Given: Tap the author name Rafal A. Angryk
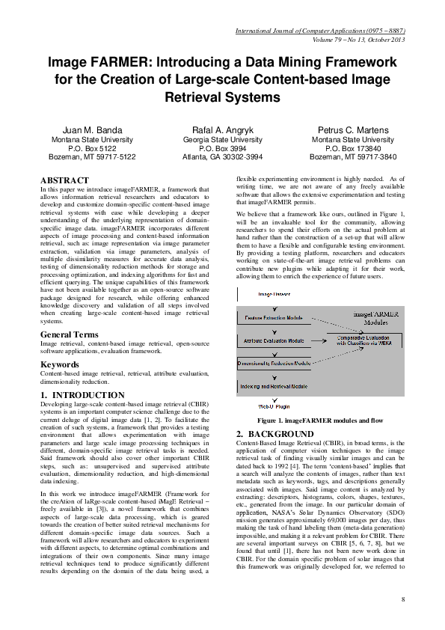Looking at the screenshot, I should [222, 130].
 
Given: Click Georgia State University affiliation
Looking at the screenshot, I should [222, 140].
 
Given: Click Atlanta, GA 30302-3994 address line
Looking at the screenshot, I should [222, 158].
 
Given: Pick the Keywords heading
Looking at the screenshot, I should [60, 364].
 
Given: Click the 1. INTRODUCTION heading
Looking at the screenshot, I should [82, 394].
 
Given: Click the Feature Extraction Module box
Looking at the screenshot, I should [274, 318].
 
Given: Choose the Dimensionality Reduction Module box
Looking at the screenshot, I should [274, 363].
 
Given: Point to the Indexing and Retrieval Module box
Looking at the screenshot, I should [274, 385].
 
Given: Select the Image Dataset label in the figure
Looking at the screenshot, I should [274, 295].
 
